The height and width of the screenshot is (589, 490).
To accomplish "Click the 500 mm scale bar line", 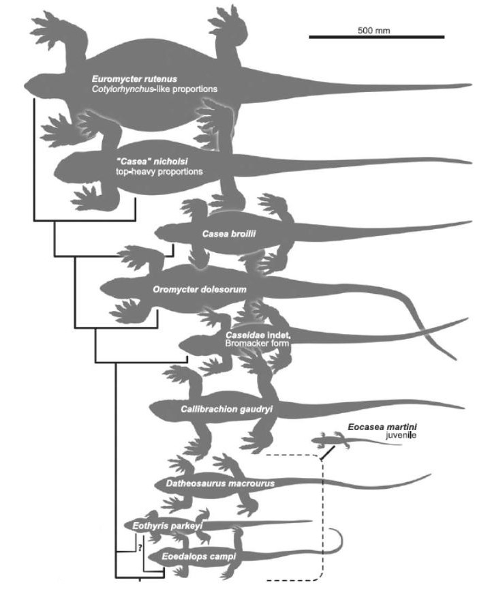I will [x=376, y=36].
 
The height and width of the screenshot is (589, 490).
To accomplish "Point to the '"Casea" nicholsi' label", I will [x=149, y=161].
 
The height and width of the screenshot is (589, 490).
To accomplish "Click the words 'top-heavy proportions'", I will [x=159, y=171].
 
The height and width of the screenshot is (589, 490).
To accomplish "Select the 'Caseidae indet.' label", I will [x=258, y=335].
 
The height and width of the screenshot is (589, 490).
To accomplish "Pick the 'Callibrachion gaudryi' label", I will [x=217, y=409].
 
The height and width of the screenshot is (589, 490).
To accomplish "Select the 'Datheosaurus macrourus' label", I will [x=219, y=484].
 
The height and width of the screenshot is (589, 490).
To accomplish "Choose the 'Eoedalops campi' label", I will [x=198, y=557].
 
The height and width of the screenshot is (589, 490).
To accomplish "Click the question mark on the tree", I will [x=138, y=547].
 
